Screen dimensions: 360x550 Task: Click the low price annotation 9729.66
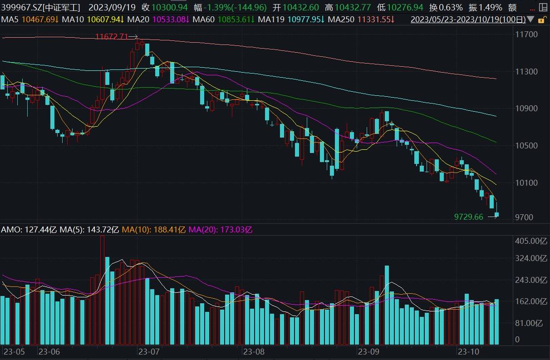(469, 217)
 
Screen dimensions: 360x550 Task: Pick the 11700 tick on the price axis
(527, 35)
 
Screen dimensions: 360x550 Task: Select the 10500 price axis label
(527, 146)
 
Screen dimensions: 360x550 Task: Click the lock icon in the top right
(541, 20)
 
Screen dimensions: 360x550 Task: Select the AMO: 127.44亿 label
(29, 230)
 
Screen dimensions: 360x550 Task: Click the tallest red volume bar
(102, 291)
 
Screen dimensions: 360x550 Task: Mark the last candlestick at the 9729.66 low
(497, 214)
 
